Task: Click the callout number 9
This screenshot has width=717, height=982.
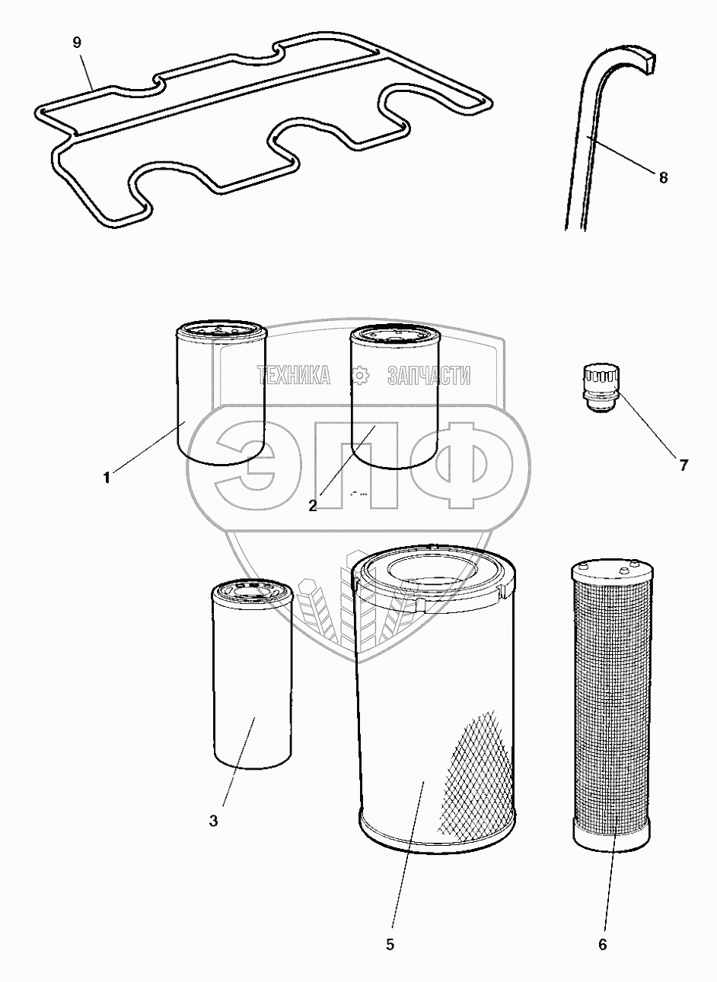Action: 77,43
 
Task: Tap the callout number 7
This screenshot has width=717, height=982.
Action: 684,465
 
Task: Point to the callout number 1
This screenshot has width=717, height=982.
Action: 107,478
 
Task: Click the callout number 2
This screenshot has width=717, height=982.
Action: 312,506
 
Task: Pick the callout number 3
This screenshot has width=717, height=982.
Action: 213,821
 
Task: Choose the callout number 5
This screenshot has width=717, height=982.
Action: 390,944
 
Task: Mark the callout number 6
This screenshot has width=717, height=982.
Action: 603,944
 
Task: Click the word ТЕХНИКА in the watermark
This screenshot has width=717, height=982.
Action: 294,375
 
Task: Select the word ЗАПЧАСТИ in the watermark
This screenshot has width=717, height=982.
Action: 429,375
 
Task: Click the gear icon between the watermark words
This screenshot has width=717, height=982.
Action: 361,375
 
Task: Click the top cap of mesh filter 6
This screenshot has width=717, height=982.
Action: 612,573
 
